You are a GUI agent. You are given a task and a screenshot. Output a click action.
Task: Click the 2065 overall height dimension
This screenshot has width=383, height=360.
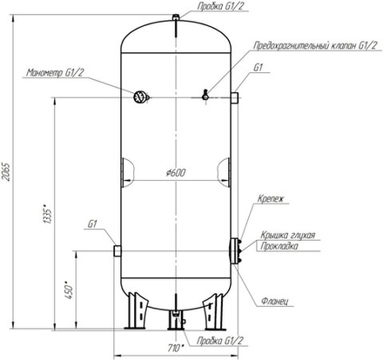[6, 172]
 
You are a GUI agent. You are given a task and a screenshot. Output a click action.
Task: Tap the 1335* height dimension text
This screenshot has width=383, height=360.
[47, 215]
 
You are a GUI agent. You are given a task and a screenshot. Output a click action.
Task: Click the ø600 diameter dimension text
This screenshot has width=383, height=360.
[176, 173]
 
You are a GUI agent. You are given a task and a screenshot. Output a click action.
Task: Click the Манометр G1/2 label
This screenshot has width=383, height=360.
[55, 72]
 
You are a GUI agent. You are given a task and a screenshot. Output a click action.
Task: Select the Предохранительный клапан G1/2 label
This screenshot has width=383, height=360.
[316, 45]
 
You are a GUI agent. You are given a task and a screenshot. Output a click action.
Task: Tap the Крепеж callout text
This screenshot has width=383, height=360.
[271, 199]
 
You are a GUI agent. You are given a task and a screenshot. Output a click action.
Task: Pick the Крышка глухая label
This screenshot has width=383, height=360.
[288, 235]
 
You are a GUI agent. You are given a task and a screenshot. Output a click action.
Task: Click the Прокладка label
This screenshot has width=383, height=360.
[279, 246]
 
